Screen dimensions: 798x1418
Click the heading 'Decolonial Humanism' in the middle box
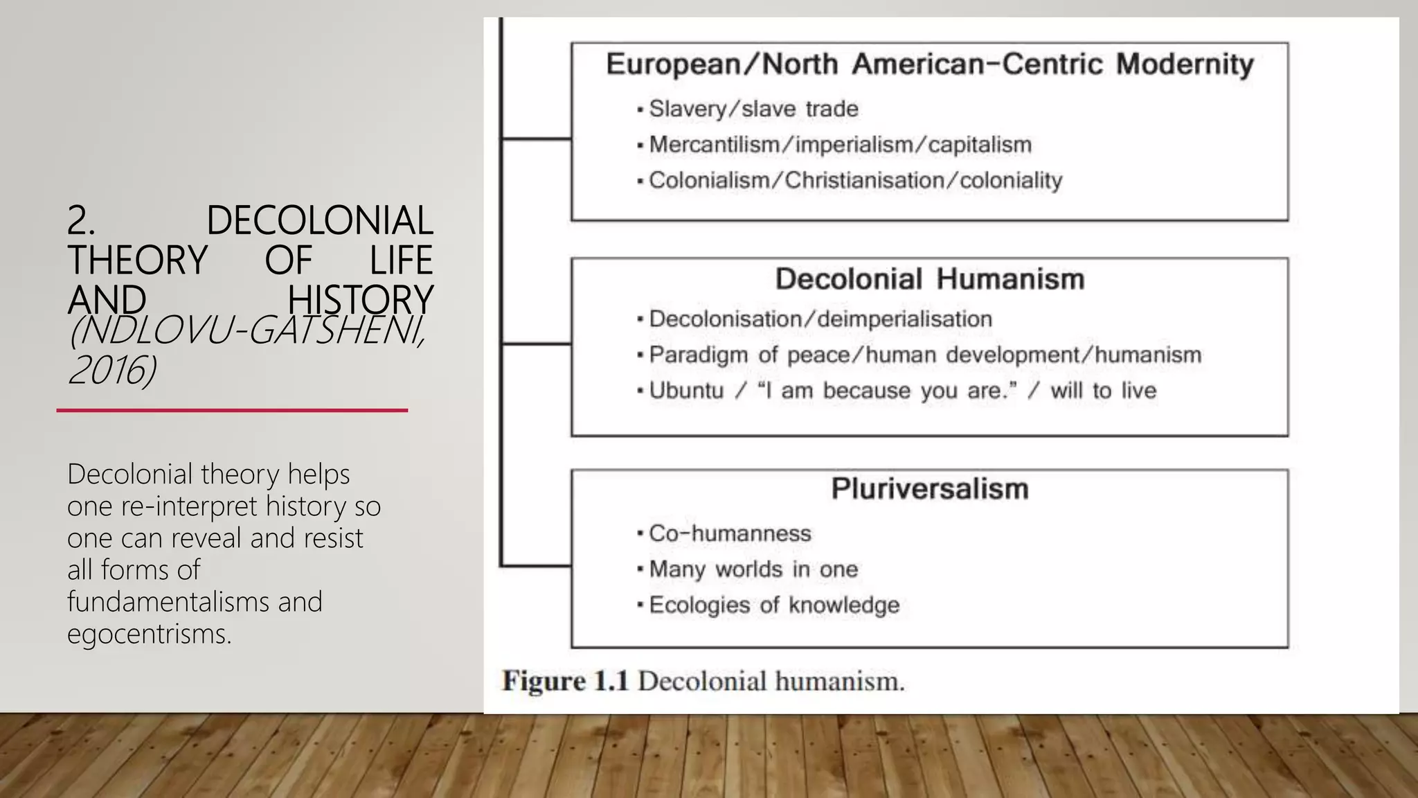[929, 279]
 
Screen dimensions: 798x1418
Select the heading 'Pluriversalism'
[929, 489]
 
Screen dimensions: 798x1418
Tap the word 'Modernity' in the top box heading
[1185, 64]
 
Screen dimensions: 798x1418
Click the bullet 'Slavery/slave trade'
[753, 109]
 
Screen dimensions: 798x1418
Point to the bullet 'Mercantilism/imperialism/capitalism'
[840, 145]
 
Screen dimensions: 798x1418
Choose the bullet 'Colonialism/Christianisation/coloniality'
[855, 181]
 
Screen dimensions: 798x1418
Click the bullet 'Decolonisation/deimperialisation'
[820, 319]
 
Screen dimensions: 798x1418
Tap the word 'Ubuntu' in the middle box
[686, 391]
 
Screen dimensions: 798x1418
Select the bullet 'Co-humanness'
[730, 533]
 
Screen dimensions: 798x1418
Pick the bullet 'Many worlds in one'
[753, 569]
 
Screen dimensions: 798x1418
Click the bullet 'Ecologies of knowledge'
[774, 605]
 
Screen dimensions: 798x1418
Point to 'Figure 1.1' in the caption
[565, 682]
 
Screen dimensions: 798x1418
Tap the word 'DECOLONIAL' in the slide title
[319, 221]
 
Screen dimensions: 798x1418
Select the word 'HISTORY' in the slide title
[360, 301]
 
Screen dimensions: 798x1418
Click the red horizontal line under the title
[232, 411]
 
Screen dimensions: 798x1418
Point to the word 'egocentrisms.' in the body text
[149, 634]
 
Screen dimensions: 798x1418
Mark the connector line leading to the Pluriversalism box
[535, 566]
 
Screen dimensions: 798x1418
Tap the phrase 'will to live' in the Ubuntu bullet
[1103, 391]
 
